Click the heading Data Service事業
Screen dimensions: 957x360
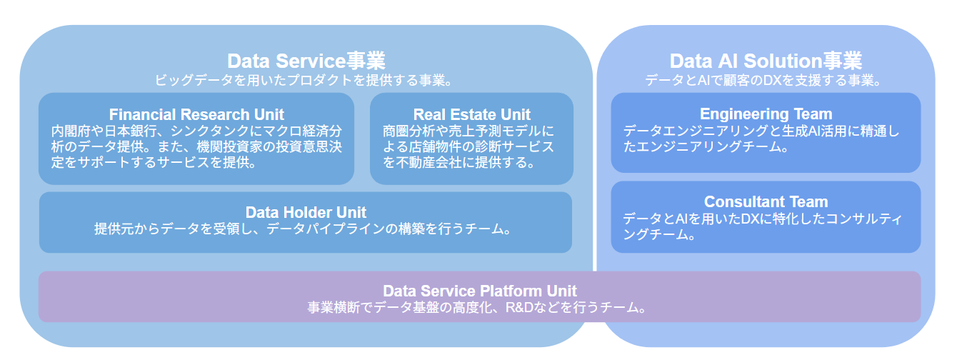tap(306, 61)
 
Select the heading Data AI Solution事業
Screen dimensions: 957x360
tap(766, 61)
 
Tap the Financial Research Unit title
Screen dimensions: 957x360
tap(196, 114)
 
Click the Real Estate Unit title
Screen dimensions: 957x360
tap(471, 114)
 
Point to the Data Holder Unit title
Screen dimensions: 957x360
tap(306, 212)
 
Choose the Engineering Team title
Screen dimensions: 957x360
tap(766, 114)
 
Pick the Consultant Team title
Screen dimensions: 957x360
tap(766, 201)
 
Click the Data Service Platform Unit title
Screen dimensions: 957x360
tap(480, 291)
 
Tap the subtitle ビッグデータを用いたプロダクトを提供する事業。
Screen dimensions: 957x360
tap(304, 80)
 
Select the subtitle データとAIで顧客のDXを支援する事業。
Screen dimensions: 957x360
tap(763, 80)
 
